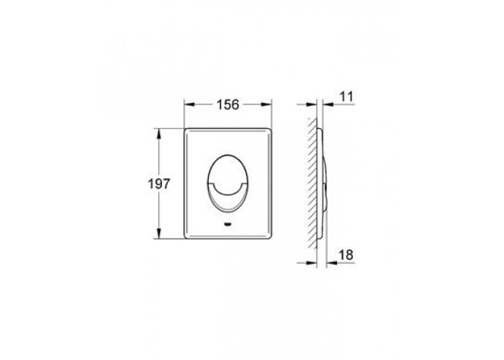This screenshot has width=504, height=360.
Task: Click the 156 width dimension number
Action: pyautogui.click(x=228, y=104)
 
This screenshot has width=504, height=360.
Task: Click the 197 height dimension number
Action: pyautogui.click(x=158, y=184)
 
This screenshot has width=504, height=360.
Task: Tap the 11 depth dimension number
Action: pyautogui.click(x=346, y=96)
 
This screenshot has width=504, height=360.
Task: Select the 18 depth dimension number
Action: pyautogui.click(x=346, y=255)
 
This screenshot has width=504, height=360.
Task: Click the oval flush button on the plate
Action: pyautogui.click(x=228, y=183)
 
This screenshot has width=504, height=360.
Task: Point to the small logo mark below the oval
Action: pyautogui.click(x=228, y=224)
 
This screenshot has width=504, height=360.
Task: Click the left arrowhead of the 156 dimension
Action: pyautogui.click(x=189, y=104)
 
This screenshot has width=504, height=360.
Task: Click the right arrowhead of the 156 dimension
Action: pyautogui.click(x=266, y=104)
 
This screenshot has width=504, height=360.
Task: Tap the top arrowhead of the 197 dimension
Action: pyautogui.click(x=158, y=133)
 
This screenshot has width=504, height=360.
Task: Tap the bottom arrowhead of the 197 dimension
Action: pyautogui.click(x=158, y=233)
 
